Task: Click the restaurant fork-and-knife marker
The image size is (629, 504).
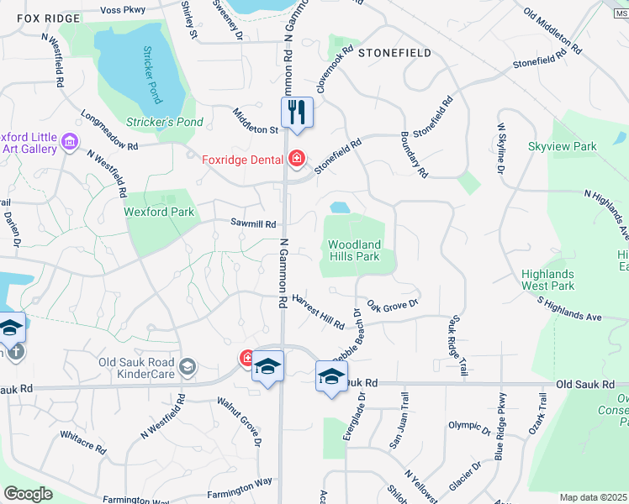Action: (x=296, y=112)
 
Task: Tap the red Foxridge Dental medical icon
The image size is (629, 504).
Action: (x=295, y=158)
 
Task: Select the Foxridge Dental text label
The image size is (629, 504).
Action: (x=242, y=158)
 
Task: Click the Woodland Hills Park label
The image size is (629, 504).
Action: (x=354, y=250)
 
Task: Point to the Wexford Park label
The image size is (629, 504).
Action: (x=159, y=212)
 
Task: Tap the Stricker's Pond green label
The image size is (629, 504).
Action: (x=165, y=122)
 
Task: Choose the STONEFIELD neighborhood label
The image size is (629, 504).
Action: (x=394, y=53)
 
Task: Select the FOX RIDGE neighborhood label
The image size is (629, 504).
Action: (x=41, y=18)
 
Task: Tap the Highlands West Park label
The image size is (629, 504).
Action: (x=547, y=280)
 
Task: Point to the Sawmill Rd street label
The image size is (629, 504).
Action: (x=254, y=224)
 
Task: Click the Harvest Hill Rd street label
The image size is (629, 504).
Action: (x=319, y=312)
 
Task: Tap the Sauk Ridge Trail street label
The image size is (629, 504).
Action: (x=458, y=344)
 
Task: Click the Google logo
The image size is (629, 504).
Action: (x=28, y=494)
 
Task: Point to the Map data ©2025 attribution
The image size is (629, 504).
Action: (x=593, y=497)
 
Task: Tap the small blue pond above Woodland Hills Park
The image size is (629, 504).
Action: (x=340, y=207)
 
